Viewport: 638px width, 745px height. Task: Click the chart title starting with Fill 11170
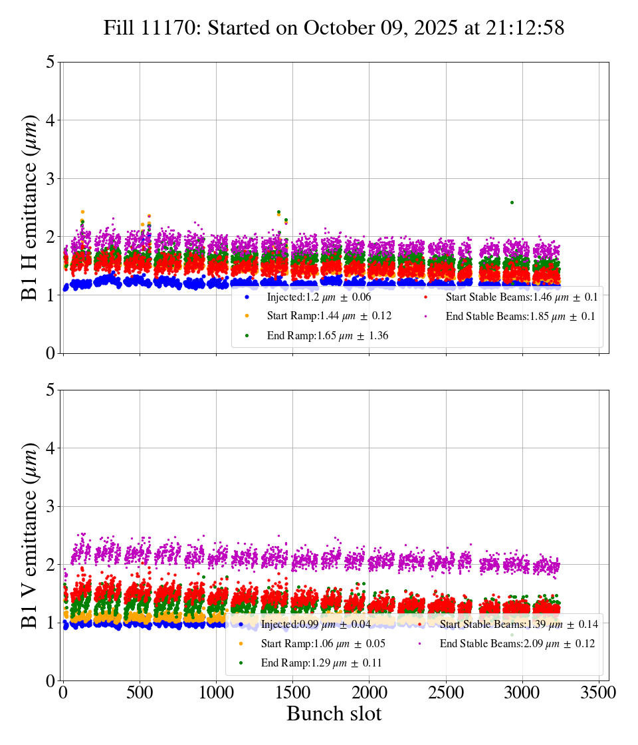click(334, 28)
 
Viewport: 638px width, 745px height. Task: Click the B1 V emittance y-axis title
click(31, 535)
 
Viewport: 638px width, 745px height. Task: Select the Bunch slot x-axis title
click(334, 714)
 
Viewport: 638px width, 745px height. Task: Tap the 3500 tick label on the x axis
click(598, 692)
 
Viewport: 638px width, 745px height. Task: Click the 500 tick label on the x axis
click(140, 692)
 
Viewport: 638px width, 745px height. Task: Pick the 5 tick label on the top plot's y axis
click(51, 62)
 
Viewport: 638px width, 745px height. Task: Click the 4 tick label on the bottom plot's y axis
click(51, 448)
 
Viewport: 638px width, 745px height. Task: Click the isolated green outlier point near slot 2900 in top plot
click(512, 202)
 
